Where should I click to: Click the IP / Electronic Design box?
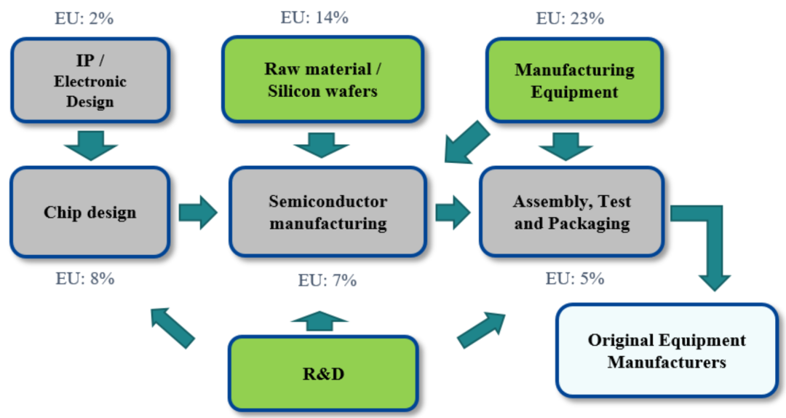(x=90, y=81)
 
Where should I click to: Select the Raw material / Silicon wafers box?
(x=322, y=80)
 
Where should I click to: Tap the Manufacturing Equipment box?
(x=574, y=80)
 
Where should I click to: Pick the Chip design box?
(x=90, y=213)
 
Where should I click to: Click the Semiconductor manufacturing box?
(x=327, y=212)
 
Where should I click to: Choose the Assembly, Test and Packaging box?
(x=571, y=212)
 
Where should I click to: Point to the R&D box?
(x=323, y=375)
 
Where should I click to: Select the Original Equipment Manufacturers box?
(x=667, y=351)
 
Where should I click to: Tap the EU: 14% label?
(x=314, y=18)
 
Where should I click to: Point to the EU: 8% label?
(x=85, y=277)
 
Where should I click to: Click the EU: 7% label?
(x=327, y=280)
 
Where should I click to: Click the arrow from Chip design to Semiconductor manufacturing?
(x=198, y=213)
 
